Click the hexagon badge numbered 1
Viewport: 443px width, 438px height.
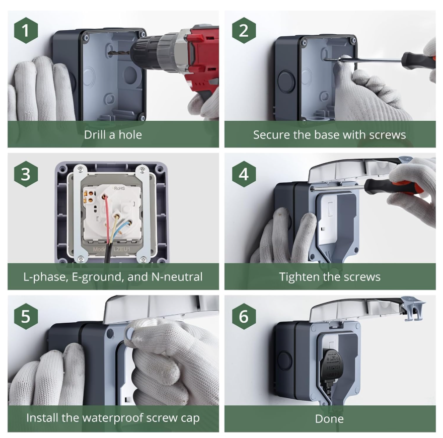[26, 30]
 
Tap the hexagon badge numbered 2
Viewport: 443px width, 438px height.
[244, 30]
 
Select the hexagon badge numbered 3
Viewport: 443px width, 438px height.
[26, 174]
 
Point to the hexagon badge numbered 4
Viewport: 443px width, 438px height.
[244, 174]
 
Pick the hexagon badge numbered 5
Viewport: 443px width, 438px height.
[26, 316]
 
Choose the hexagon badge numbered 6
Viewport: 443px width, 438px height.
[244, 316]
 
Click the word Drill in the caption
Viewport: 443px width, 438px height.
[95, 134]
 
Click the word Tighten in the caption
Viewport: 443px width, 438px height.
[299, 277]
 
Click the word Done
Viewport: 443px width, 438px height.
[329, 419]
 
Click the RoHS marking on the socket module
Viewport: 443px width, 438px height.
[119, 188]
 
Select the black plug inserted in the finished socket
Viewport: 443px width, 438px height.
[333, 364]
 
